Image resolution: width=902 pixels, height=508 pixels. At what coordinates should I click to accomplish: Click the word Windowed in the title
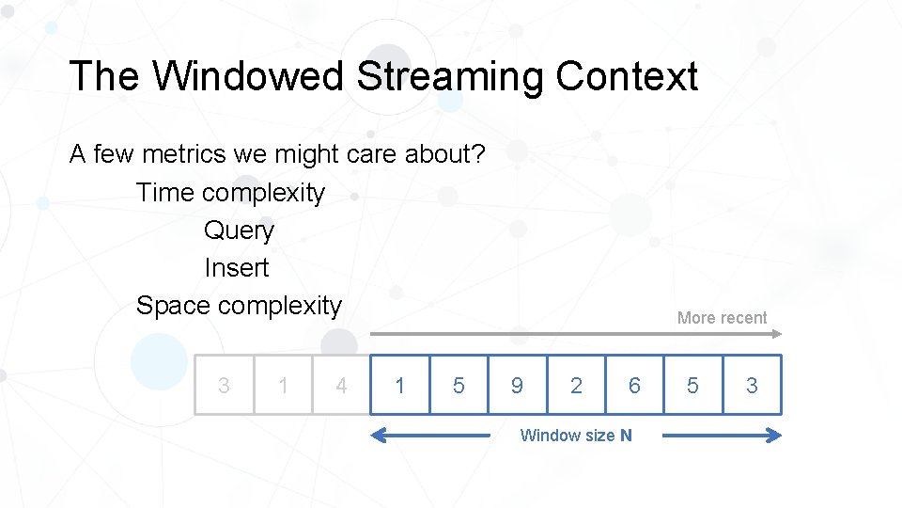pyautogui.click(x=249, y=76)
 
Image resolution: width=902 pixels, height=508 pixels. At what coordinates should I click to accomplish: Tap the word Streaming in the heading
pyautogui.click(x=449, y=76)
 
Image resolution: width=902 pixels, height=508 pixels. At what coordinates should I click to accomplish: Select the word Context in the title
pyautogui.click(x=626, y=76)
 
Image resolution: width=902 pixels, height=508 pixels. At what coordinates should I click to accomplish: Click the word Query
pyautogui.click(x=239, y=230)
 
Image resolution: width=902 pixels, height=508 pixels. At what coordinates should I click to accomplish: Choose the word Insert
pyautogui.click(x=237, y=268)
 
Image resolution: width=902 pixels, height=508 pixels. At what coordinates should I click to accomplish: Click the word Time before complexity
pyautogui.click(x=166, y=193)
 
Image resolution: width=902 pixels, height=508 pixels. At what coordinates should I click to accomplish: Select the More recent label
pyautogui.click(x=722, y=318)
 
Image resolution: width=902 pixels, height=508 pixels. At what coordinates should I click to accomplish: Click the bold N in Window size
pyautogui.click(x=626, y=436)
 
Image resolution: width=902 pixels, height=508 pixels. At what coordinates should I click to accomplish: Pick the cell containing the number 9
pyautogui.click(x=518, y=385)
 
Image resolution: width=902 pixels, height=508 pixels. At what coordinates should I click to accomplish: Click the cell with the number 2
pyautogui.click(x=576, y=385)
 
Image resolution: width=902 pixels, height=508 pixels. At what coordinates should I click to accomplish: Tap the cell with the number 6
pyautogui.click(x=634, y=385)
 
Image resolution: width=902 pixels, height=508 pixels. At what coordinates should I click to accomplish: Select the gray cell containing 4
pyautogui.click(x=341, y=385)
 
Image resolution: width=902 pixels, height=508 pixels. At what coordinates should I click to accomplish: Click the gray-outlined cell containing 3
pyautogui.click(x=224, y=385)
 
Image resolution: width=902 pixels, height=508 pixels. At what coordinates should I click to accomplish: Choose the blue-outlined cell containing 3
pyautogui.click(x=752, y=385)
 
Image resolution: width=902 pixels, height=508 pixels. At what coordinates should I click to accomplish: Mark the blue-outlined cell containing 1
pyautogui.click(x=400, y=385)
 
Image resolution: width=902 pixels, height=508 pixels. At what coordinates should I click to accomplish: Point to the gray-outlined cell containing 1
pyautogui.click(x=283, y=385)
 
